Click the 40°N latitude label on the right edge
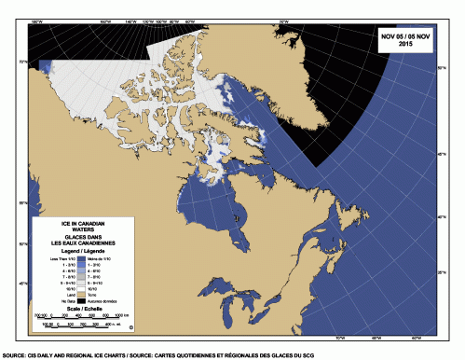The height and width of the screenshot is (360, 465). (440, 216)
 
